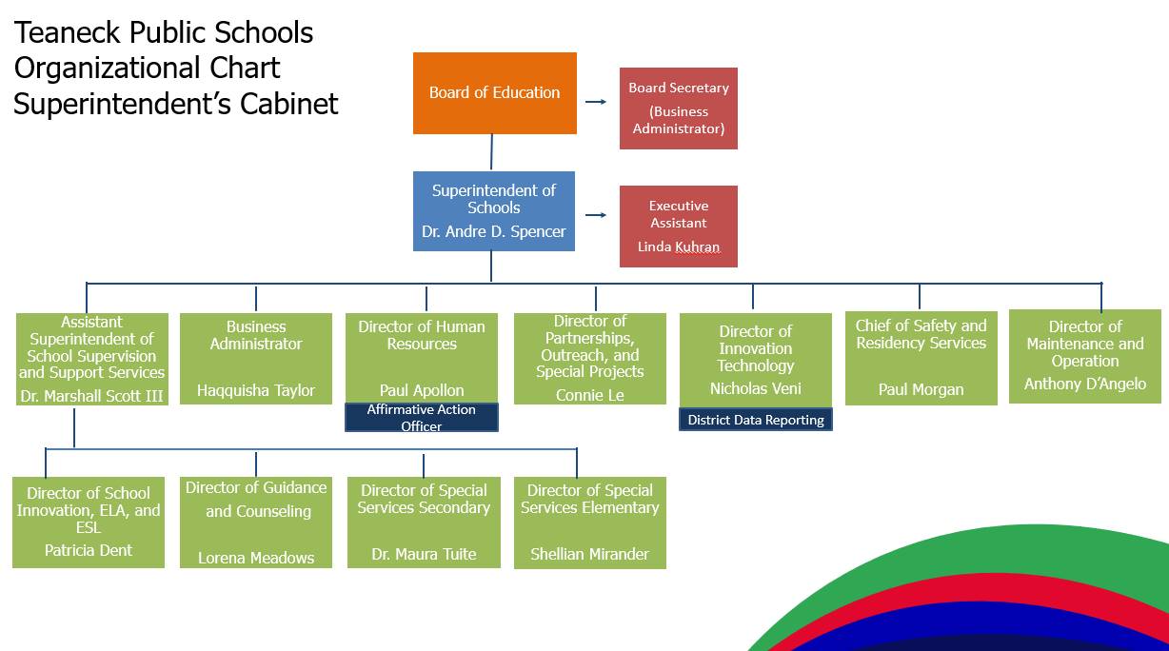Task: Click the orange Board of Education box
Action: pos(495,93)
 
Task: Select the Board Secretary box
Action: pos(679,108)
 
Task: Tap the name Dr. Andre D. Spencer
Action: pos(494,231)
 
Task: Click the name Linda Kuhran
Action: pos(679,247)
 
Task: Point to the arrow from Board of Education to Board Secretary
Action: pos(596,102)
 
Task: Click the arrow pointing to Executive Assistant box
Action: pos(596,215)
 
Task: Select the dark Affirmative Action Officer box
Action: pos(422,417)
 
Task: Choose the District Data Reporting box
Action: pos(756,420)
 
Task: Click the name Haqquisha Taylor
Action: pos(256,390)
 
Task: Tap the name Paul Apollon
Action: pos(422,390)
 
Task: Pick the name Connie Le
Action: pos(589,395)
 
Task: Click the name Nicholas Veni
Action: pos(756,388)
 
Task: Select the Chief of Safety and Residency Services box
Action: pos(921,359)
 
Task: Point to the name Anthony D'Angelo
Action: pos(1085,384)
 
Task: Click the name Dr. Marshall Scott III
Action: pos(91,397)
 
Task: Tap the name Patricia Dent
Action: pos(89,550)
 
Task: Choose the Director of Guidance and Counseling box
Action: pos(256,523)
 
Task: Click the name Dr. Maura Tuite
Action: pos(424,554)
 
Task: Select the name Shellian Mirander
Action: pos(589,554)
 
